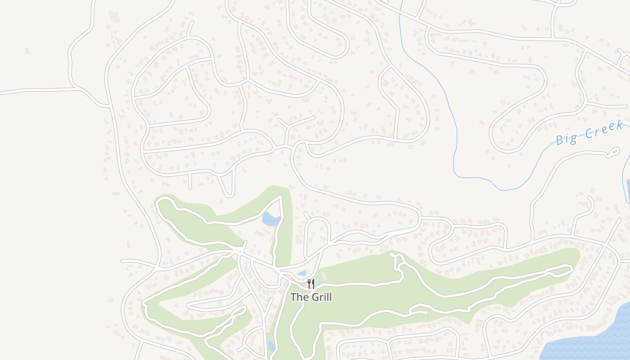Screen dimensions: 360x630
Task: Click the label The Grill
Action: (x=311, y=297)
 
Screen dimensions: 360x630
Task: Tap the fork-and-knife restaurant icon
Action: (x=311, y=283)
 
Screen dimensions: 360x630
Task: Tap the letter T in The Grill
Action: (x=293, y=297)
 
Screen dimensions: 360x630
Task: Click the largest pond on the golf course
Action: (x=270, y=219)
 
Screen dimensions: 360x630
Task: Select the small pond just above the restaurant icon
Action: (x=302, y=273)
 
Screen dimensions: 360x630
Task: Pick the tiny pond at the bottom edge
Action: (x=271, y=346)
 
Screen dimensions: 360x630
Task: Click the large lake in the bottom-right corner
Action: (x=594, y=337)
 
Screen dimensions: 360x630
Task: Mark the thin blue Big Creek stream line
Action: (x=454, y=135)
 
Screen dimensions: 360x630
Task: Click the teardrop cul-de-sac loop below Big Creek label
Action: (x=613, y=153)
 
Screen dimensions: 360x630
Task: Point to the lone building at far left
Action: (x=28, y=51)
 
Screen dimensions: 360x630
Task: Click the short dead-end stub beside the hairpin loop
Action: (x=190, y=181)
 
